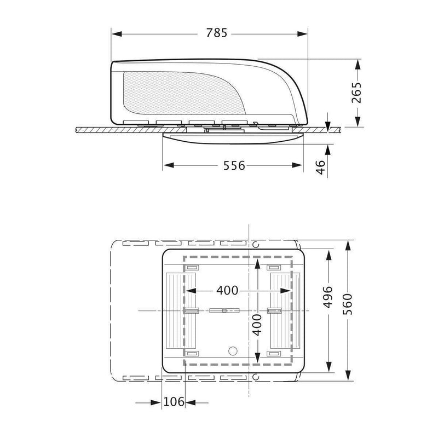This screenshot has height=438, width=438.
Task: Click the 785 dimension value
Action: (x=217, y=33)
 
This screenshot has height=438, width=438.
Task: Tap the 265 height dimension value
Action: (x=356, y=93)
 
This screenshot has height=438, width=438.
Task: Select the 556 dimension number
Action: (x=234, y=166)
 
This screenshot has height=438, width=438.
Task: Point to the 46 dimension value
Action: (x=321, y=167)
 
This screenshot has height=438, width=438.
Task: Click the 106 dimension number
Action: (x=174, y=402)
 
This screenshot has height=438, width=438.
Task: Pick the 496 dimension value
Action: (x=328, y=297)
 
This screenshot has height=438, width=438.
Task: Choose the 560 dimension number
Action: (x=348, y=304)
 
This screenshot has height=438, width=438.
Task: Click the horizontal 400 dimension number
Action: (x=227, y=291)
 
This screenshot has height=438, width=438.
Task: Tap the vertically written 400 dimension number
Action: (x=257, y=325)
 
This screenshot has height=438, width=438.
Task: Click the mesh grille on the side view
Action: (x=185, y=93)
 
